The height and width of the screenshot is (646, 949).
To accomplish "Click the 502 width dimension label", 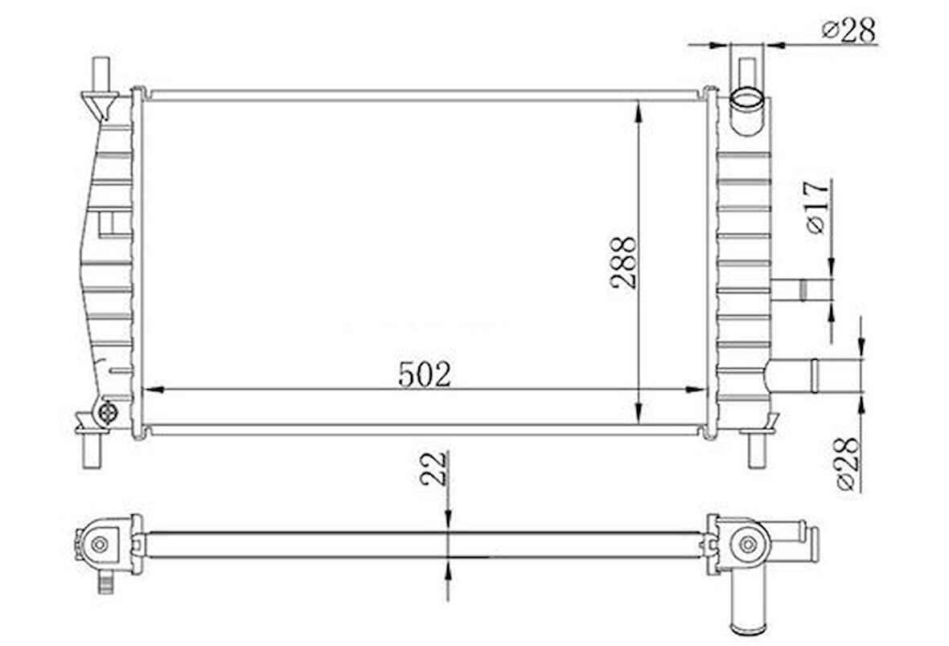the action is pos(425,374).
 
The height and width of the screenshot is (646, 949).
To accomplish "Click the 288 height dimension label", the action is pos(624,263).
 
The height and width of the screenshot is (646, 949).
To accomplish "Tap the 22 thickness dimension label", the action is pos(434,468).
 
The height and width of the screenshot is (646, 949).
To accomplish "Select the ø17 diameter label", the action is pos(816,206).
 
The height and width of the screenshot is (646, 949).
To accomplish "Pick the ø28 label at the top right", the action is pos(848,30).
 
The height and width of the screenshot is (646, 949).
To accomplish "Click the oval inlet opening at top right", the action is pos(748,99).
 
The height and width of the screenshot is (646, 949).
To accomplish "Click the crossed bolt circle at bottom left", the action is pos(108,412).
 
